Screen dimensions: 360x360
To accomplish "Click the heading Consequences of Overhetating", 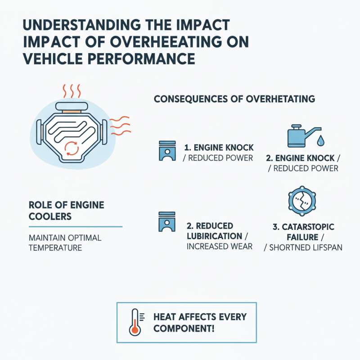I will pos(234,98).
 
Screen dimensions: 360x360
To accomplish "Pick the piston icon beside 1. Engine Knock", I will pos(166,151).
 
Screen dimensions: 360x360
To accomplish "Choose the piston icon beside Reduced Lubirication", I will pos(166,223).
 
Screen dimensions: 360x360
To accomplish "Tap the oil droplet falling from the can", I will pos(320,141).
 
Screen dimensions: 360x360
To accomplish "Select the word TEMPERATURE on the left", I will pos(55,247).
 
